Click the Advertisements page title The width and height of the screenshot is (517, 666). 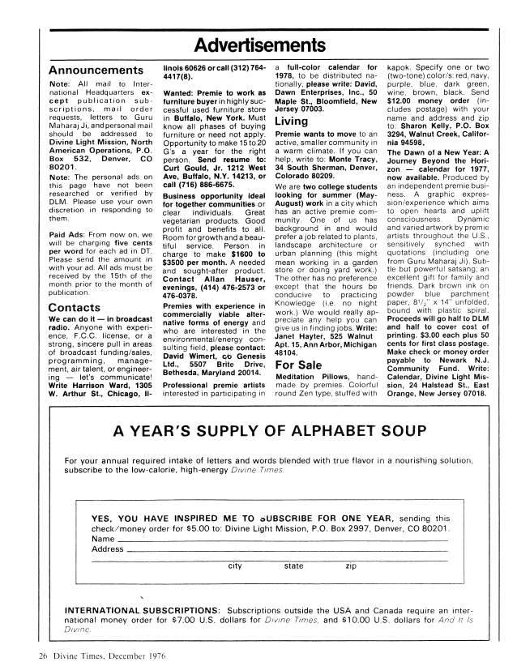click(258, 42)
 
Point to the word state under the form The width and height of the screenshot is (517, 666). click(293, 566)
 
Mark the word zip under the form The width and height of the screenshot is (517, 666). click(350, 566)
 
